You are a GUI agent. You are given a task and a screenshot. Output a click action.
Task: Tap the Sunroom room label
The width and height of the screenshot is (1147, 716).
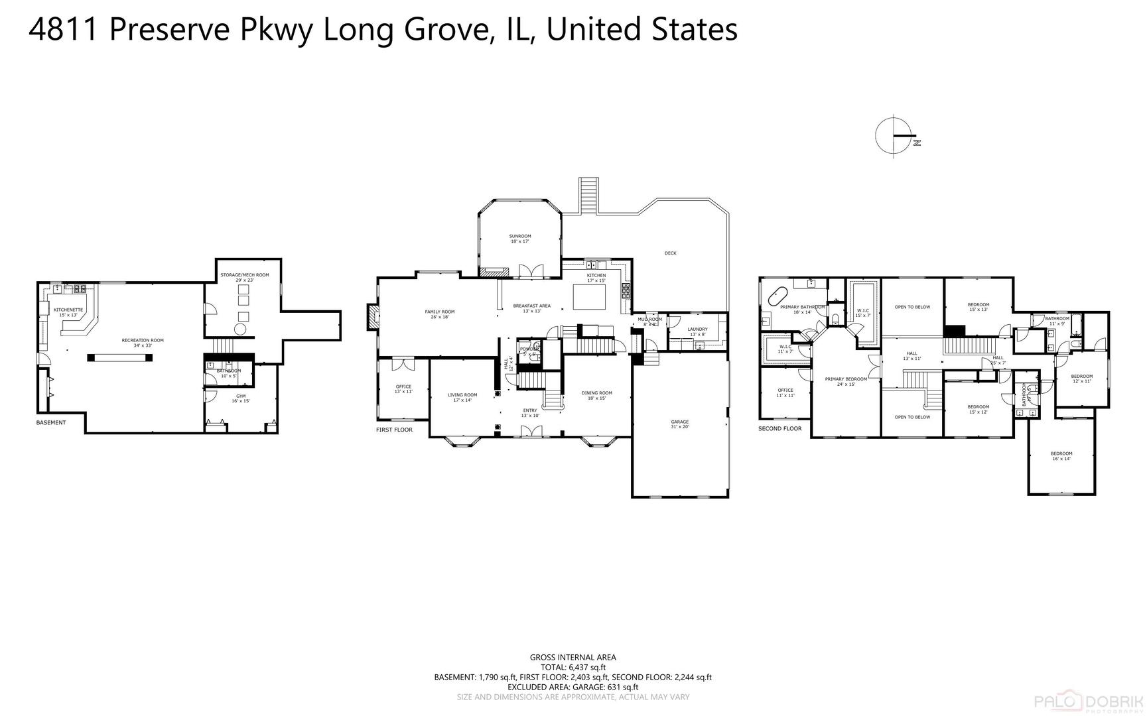[520, 239]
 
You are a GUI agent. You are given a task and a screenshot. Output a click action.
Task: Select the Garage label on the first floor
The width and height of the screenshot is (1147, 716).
[679, 424]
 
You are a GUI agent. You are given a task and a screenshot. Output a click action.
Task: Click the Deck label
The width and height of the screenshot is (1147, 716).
[671, 253]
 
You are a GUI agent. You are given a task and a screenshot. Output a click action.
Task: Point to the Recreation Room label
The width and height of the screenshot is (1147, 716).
[143, 343]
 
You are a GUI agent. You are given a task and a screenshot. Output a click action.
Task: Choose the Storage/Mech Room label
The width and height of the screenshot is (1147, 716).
[245, 277]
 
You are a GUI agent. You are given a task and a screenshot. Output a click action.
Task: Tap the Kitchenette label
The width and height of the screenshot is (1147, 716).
[68, 312]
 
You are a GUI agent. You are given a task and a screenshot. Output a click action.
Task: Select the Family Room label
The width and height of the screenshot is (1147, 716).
[440, 314]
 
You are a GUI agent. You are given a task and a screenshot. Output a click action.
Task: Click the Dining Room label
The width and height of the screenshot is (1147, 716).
[596, 395]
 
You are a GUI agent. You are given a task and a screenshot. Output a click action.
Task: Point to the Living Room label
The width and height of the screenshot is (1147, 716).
[462, 397]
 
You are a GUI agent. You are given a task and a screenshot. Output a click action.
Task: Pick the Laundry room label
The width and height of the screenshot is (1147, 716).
[697, 331]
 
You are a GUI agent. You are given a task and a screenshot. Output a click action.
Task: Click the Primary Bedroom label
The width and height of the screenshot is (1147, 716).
[846, 381]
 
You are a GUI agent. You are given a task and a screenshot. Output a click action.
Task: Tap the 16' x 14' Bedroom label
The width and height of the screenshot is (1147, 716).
[1061, 456]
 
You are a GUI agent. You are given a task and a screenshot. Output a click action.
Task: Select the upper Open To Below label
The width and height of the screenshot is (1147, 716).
[912, 307]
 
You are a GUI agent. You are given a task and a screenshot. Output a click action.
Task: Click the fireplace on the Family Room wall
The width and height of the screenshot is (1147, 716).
[372, 317]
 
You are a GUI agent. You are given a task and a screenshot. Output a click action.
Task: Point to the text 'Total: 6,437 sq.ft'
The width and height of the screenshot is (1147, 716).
[573, 668]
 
